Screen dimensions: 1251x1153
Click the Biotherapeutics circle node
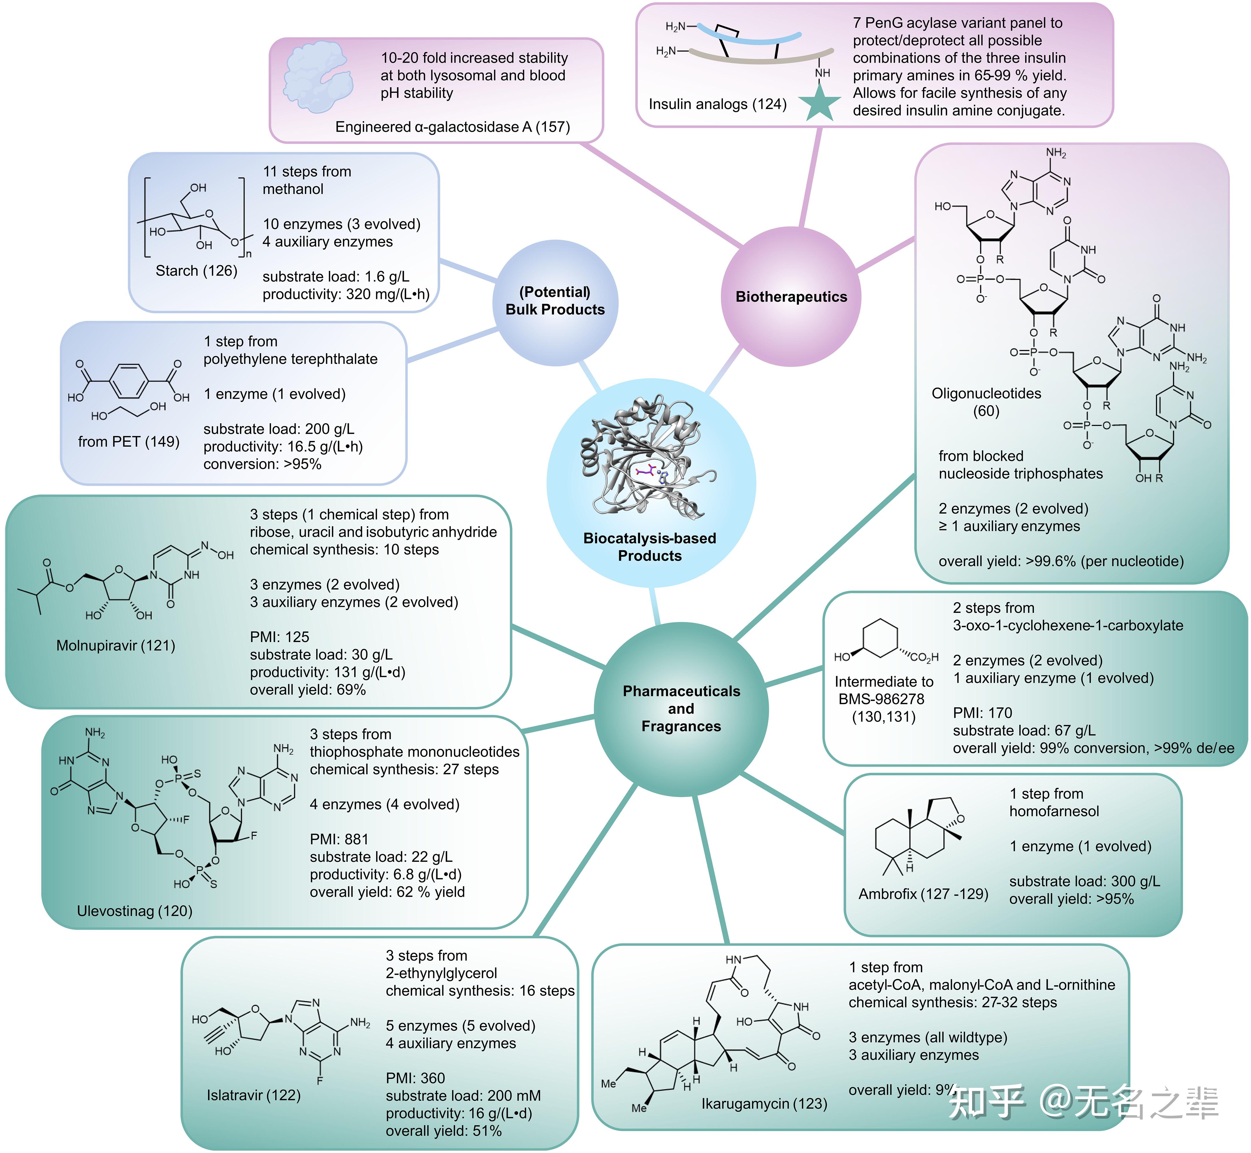(791, 296)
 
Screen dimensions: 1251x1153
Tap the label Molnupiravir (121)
(115, 645)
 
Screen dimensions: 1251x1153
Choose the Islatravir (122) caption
(253, 1095)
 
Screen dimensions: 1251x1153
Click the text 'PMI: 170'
(982, 712)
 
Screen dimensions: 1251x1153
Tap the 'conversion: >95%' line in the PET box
(262, 464)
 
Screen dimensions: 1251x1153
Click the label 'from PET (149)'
(128, 442)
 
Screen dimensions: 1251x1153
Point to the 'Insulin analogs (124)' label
(717, 104)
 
